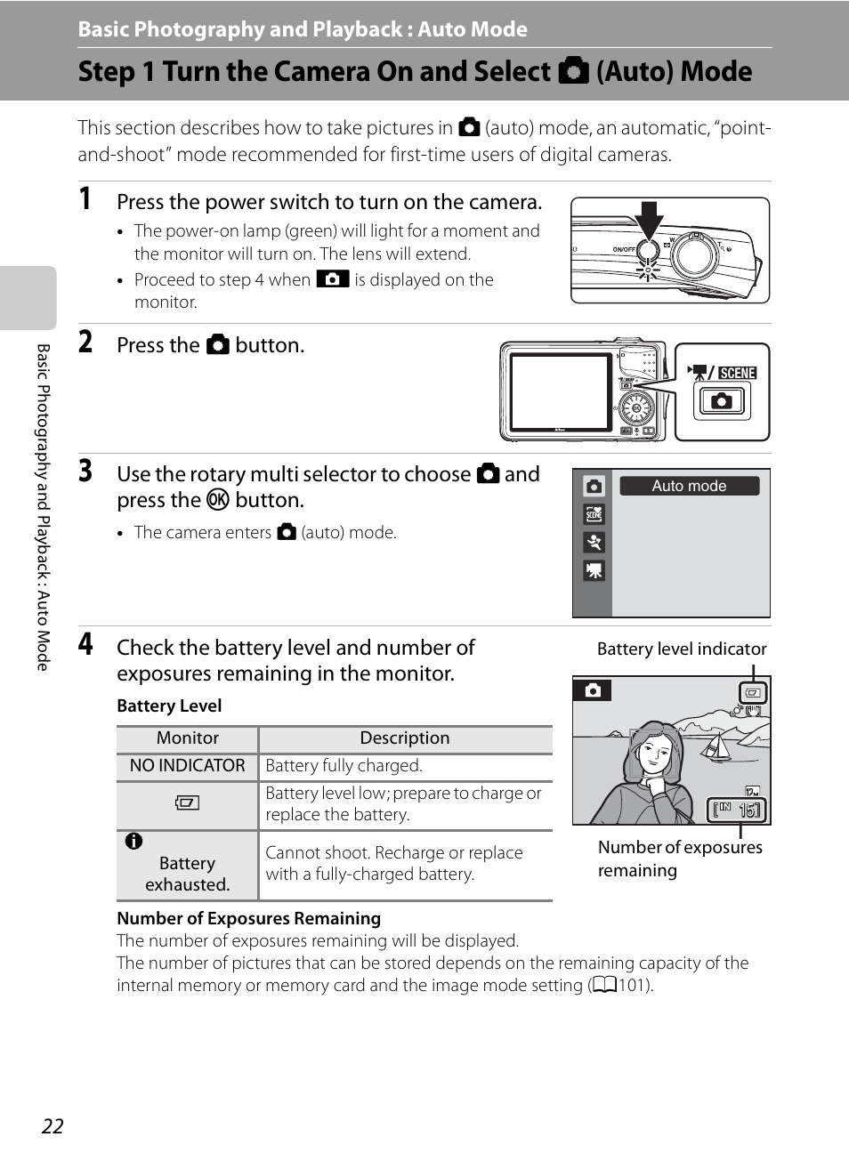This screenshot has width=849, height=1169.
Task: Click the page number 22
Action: [x=53, y=1126]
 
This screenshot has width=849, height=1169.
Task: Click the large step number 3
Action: [x=85, y=471]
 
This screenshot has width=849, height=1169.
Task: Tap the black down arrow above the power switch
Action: [x=648, y=222]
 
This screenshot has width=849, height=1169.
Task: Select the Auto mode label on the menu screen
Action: [x=689, y=486]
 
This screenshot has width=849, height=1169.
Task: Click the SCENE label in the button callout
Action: [x=737, y=373]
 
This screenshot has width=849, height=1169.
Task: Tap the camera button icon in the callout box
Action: [x=722, y=401]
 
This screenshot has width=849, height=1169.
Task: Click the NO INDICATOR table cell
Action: [x=188, y=766]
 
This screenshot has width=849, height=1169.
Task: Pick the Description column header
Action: [x=405, y=738]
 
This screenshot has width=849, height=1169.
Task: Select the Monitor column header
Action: [x=188, y=738]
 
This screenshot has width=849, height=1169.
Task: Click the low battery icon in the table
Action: [x=187, y=802]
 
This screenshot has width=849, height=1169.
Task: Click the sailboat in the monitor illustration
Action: [x=715, y=746]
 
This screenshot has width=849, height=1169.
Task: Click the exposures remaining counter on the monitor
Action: [x=737, y=810]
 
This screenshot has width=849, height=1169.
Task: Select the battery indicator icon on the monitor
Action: [x=753, y=693]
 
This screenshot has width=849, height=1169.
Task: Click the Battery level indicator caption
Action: [x=682, y=649]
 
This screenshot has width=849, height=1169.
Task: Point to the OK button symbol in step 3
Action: [x=218, y=500]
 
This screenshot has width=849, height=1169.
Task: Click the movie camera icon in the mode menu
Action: [x=594, y=571]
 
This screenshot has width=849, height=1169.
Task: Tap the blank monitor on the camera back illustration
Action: [x=561, y=391]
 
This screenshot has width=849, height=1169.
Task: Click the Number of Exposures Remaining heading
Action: [x=248, y=918]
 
